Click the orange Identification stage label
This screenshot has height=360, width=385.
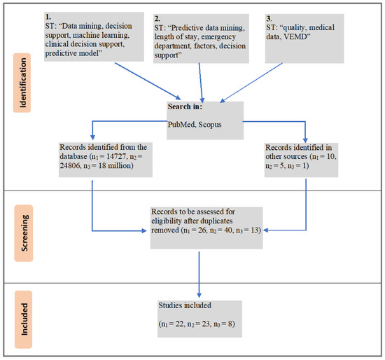click(x=22, y=83)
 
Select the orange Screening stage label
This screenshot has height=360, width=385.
click(x=24, y=233)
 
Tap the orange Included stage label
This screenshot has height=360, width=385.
click(x=24, y=319)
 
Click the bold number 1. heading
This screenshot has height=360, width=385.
click(x=48, y=17)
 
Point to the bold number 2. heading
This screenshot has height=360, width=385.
click(x=157, y=18)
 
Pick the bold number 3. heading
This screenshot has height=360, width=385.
click(x=269, y=18)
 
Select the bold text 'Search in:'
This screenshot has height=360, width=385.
click(x=185, y=106)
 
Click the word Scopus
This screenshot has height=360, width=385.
click(x=210, y=125)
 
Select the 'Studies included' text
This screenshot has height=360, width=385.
click(x=185, y=305)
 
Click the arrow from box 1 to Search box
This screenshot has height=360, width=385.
click(x=148, y=81)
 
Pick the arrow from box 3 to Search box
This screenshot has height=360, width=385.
click(x=251, y=83)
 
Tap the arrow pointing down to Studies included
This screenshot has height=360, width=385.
click(x=199, y=275)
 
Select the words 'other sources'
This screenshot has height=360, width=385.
click(x=286, y=156)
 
